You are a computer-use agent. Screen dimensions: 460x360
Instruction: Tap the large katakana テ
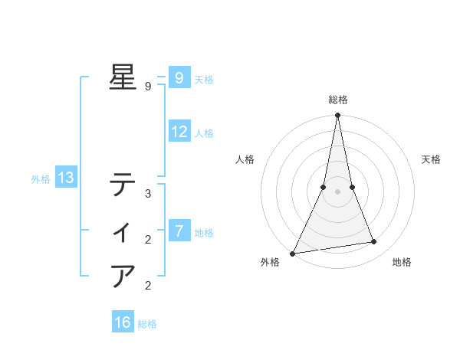click(123, 185)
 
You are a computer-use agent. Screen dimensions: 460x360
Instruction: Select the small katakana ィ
click(123, 230)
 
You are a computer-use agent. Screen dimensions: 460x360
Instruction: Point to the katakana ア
click(123, 275)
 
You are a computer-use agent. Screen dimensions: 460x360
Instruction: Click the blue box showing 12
click(179, 132)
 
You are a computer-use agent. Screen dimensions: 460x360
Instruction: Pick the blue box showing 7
click(179, 231)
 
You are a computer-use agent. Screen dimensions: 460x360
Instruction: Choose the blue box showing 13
click(65, 178)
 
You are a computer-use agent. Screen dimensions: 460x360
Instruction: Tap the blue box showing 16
click(123, 322)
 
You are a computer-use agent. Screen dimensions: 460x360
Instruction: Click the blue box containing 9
click(179, 77)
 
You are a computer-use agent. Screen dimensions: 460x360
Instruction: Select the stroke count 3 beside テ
click(148, 194)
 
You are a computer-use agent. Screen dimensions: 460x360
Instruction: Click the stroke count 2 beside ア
click(148, 286)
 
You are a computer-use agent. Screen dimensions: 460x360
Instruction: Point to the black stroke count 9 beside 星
click(148, 87)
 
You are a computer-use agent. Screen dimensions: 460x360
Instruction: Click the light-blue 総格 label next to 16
click(147, 324)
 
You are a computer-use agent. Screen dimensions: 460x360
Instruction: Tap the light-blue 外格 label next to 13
click(41, 179)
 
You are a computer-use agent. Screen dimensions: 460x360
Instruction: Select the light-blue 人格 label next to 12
click(204, 133)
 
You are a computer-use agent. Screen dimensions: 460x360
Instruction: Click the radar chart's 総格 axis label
click(337, 100)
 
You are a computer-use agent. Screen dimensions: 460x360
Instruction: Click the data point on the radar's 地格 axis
click(374, 242)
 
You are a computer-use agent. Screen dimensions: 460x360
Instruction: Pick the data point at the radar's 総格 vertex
click(337, 116)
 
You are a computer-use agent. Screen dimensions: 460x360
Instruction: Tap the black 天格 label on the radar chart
click(432, 159)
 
